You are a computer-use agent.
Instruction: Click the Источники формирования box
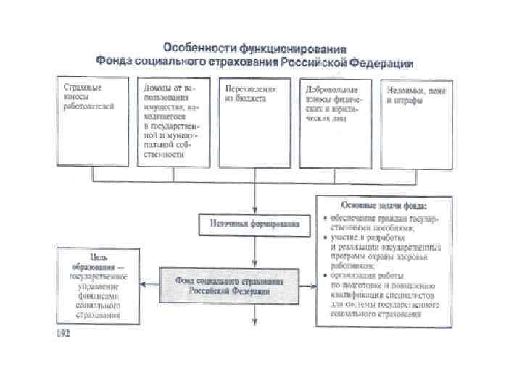[254, 224]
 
